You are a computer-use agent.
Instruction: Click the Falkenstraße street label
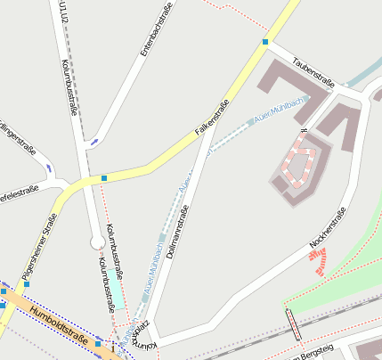(x=211, y=118)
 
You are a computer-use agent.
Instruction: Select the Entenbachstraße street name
(x=155, y=31)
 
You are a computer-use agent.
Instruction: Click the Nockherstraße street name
(x=327, y=227)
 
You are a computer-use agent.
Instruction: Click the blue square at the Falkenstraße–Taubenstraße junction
(x=265, y=42)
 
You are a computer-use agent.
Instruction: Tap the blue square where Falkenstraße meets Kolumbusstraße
(x=104, y=178)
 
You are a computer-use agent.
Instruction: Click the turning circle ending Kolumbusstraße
(x=97, y=242)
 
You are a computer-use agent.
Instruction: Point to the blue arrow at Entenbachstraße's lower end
(x=94, y=141)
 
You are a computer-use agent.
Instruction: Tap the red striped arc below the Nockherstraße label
(x=318, y=259)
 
